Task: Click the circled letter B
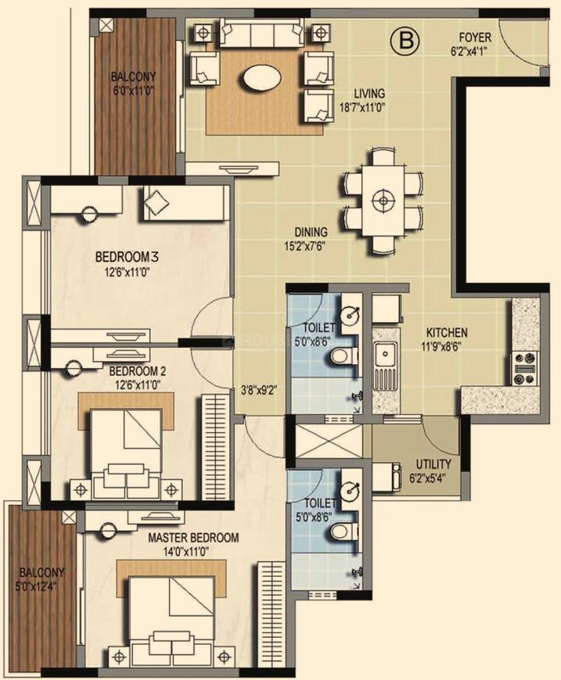pos(407,41)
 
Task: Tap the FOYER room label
pos(475,38)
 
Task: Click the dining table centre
pos(383,200)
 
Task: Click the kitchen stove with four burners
pos(524,368)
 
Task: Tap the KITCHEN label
pos(447,333)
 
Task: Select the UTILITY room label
pos(433,464)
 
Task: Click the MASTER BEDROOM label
pos(193,538)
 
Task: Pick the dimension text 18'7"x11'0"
pos(362,106)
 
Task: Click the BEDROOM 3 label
pos(120,256)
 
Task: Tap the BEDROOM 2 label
pos(137,372)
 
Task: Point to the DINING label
pos(311,232)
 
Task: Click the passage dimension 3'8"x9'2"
pos(259,389)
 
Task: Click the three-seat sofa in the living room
pos(261,32)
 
